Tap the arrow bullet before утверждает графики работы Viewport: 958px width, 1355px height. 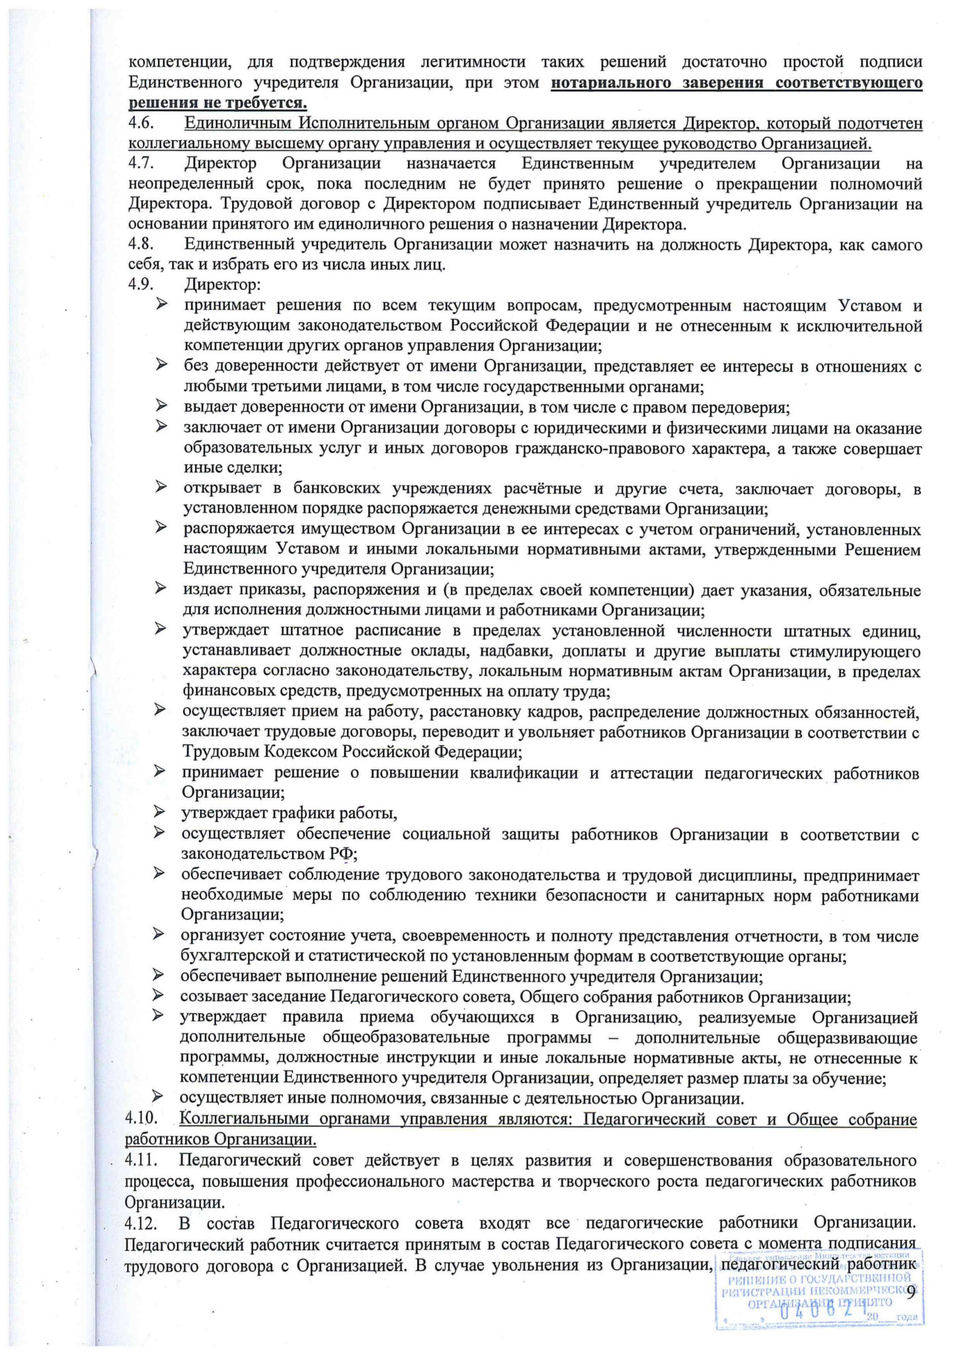coord(159,812)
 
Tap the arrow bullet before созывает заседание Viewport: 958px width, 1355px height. coord(159,995)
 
